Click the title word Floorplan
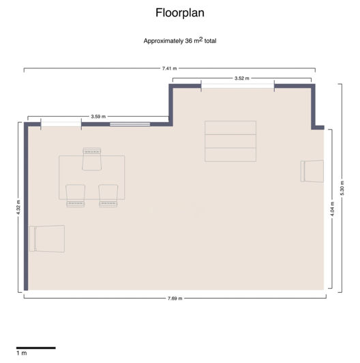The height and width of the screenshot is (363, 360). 180,12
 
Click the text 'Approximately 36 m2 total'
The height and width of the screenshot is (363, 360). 180,40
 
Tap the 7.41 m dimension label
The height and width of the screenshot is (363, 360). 169,68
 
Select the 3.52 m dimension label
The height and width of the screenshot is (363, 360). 241,78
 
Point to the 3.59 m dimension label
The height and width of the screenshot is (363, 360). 98,117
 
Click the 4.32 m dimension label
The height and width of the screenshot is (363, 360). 18,206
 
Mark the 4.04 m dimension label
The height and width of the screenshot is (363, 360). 332,209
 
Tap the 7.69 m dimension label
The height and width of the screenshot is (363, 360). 175,298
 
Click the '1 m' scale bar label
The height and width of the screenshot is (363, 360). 22,353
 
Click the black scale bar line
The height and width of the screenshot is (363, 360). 35,347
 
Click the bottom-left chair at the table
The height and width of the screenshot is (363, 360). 75,195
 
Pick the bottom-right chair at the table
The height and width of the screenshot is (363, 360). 108,195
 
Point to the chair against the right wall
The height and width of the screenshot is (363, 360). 312,171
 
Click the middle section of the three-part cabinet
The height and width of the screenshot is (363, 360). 230,141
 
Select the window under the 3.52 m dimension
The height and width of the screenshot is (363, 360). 237,86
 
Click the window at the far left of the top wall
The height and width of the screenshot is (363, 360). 61,124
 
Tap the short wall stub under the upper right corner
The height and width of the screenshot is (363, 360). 318,126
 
